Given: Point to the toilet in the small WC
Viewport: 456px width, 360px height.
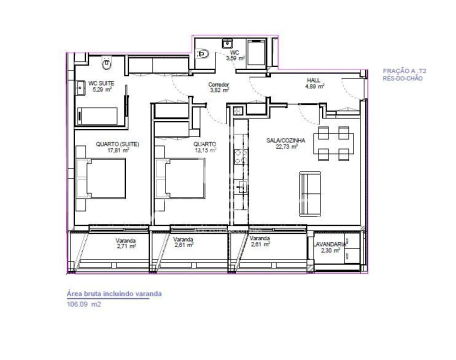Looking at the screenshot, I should pos(203,53).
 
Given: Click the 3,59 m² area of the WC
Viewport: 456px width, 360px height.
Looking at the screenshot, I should pos(234,58).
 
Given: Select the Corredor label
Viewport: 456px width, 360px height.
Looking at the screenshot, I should pos(218,85).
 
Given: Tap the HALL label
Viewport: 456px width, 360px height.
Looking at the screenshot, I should pos(313,80).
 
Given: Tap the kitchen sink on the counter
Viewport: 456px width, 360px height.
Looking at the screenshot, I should pos(240,188).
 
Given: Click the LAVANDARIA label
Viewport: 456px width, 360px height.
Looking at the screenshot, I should pos(329,244).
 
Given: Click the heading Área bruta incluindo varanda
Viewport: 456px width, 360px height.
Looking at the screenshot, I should pos(114,294).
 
